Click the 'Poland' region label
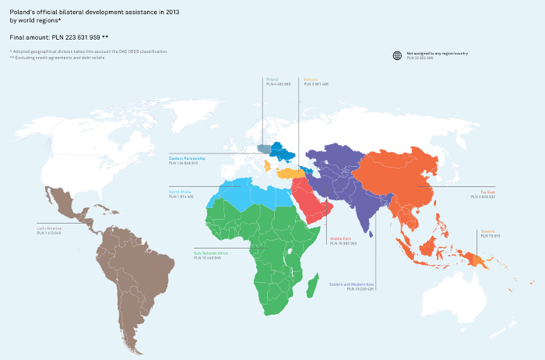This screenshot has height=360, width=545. [x=272, y=79]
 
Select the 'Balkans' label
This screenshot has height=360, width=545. [x=310, y=79]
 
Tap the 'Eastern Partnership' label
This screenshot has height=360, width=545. [x=186, y=157]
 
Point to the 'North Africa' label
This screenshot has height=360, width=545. [x=180, y=192]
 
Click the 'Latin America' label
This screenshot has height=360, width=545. [x=49, y=228]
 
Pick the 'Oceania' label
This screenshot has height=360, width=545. [x=487, y=230]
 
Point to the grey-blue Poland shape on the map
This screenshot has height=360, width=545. [x=264, y=149]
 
